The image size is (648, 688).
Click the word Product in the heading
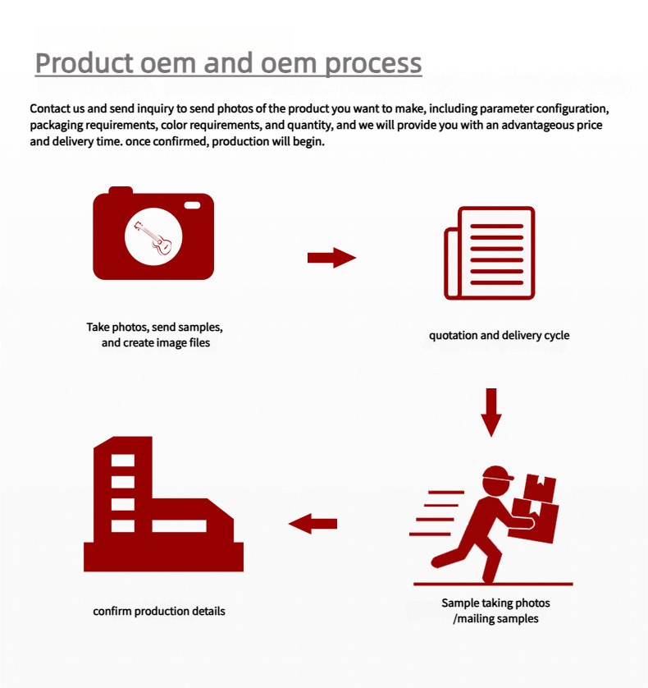(84, 63)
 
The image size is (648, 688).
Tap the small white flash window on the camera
(192, 204)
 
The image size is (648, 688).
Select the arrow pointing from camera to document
(331, 258)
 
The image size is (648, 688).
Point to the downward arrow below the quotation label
(491, 411)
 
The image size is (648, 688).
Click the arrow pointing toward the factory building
(313, 523)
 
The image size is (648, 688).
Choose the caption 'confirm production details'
(159, 611)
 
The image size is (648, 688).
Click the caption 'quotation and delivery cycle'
(499, 335)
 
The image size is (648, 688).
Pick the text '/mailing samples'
(495, 618)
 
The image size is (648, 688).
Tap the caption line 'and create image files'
(156, 342)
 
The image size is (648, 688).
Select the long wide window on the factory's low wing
(179, 525)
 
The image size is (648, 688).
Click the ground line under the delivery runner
(492, 585)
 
